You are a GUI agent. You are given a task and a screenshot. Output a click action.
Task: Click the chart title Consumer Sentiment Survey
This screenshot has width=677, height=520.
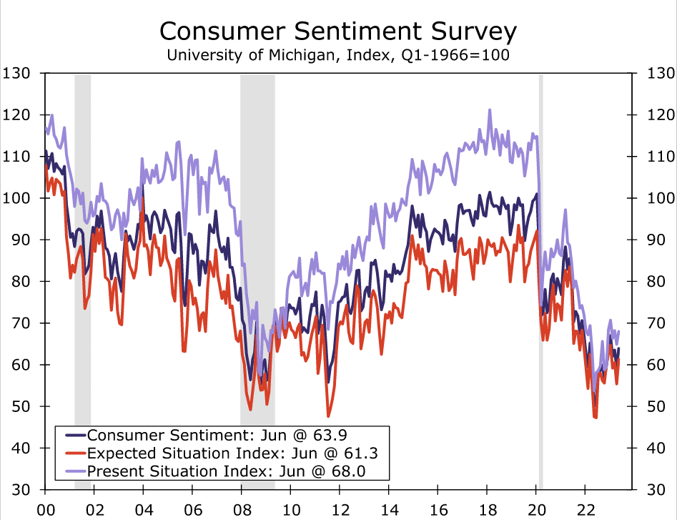(x=337, y=32)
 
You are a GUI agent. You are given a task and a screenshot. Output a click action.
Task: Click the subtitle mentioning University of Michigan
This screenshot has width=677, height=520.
(x=337, y=55)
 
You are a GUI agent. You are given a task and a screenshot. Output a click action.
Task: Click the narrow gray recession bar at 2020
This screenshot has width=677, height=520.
(x=540, y=286)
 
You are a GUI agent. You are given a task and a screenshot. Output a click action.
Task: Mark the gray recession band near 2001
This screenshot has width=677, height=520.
(x=82, y=286)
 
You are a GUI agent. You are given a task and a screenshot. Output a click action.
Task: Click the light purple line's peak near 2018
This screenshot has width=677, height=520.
(x=490, y=110)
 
